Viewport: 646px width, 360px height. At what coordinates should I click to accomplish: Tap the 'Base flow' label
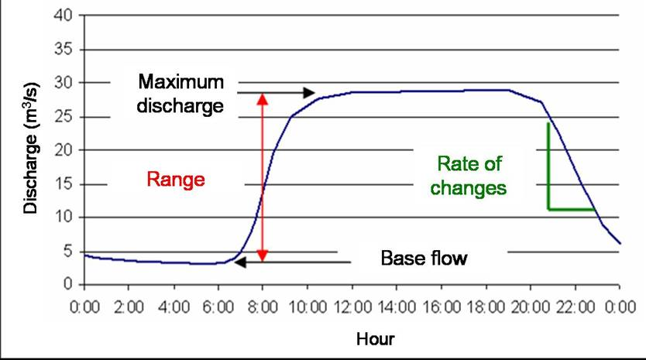click(x=424, y=257)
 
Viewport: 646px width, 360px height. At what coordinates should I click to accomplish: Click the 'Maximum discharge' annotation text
click(x=180, y=92)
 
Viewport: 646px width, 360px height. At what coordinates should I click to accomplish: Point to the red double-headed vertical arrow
click(x=263, y=177)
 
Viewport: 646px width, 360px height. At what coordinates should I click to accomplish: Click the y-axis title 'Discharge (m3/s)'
click(x=30, y=151)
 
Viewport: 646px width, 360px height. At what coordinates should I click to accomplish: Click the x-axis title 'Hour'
click(x=375, y=338)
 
